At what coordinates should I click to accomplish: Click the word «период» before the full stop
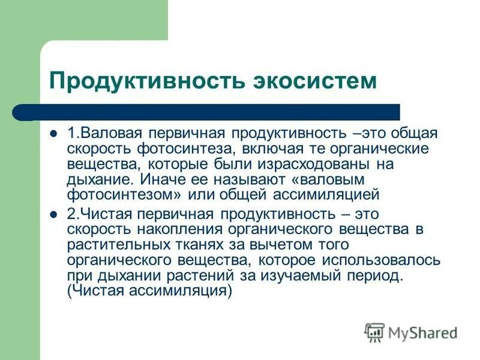pos(376,276)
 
